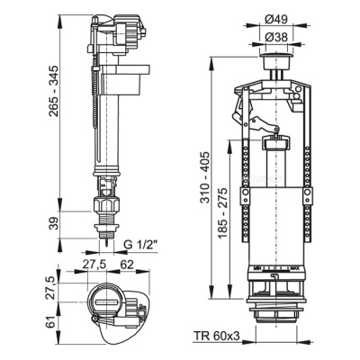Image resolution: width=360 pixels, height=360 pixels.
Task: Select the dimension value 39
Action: point(35,224)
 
